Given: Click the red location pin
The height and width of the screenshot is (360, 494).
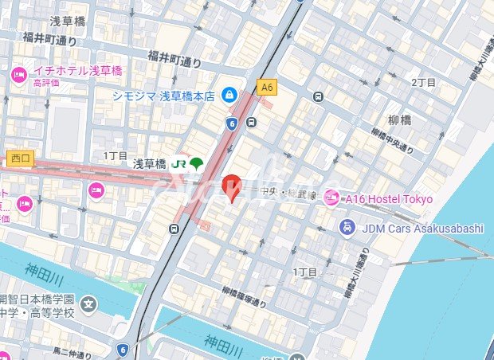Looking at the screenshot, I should (x=230, y=186).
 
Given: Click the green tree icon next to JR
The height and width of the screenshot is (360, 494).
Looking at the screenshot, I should (x=196, y=164).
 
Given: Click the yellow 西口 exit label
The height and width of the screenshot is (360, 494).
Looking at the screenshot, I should (x=19, y=158).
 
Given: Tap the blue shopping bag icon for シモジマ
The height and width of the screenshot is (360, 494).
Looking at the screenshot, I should (x=230, y=94).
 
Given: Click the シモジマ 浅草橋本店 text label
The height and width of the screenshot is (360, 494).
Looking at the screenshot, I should (x=163, y=96).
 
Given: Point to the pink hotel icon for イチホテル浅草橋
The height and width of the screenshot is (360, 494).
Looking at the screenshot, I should (x=19, y=75).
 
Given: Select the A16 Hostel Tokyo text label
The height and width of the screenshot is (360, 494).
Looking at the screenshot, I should (x=388, y=198).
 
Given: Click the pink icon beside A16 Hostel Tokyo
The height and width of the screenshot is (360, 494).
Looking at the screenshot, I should (x=331, y=198).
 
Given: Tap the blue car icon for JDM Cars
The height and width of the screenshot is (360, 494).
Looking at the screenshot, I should (x=347, y=229).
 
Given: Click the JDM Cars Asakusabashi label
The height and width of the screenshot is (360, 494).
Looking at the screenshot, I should (x=422, y=229).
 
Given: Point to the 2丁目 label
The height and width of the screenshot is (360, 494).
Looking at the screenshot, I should (x=423, y=82).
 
